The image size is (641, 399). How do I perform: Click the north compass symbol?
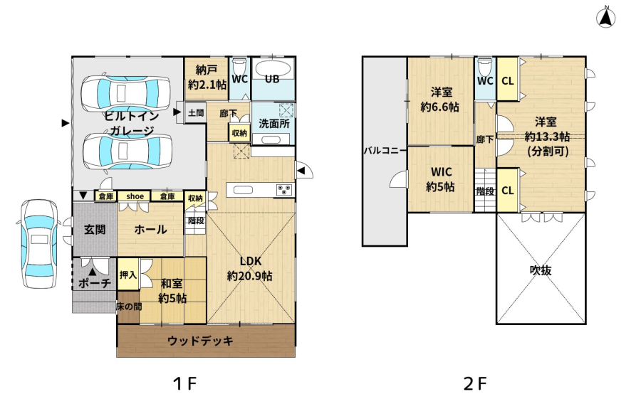606,18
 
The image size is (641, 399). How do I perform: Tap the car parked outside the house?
39,243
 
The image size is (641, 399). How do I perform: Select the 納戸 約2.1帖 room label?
207,78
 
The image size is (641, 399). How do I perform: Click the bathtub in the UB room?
272,70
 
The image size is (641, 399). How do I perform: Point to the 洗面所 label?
274,123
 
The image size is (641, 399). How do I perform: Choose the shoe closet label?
135,196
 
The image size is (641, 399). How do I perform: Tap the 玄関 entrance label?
95,230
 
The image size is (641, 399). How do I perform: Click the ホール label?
150,230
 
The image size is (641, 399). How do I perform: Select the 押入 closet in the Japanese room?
128,275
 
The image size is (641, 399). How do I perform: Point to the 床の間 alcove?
128,307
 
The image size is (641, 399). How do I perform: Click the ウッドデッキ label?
200,341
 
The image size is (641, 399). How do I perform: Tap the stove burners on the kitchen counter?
284,190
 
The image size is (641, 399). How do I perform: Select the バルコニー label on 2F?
385,151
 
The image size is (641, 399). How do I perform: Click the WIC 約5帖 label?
441,179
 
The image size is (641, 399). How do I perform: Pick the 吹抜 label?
541,270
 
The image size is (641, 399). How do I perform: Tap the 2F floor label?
475,383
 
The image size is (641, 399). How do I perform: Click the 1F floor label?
184,383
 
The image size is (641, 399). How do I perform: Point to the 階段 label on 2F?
485,191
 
